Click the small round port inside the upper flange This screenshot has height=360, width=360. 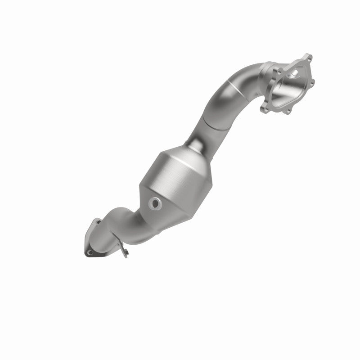295,73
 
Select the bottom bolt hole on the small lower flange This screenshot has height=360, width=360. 90,252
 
